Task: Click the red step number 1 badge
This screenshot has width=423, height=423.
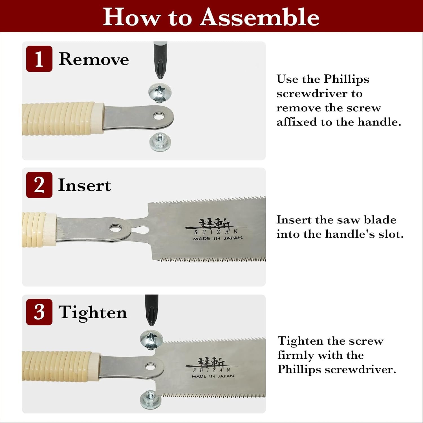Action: pyautogui.click(x=39, y=59)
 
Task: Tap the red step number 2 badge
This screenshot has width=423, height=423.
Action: pyautogui.click(x=39, y=185)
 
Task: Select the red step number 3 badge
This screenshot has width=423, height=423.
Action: pyautogui.click(x=39, y=312)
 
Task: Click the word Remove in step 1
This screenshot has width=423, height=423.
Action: pyautogui.click(x=94, y=59)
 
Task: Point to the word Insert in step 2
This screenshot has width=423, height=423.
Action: pyautogui.click(x=84, y=185)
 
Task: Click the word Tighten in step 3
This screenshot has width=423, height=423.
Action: pyautogui.click(x=92, y=313)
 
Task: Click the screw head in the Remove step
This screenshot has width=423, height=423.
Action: pyautogui.click(x=160, y=92)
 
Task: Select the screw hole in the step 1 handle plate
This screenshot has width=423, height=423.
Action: pyautogui.click(x=160, y=116)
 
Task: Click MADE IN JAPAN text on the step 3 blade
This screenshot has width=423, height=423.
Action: pyautogui.click(x=213, y=376)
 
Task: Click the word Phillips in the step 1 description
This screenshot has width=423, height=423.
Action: pyautogui.click(x=346, y=80)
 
